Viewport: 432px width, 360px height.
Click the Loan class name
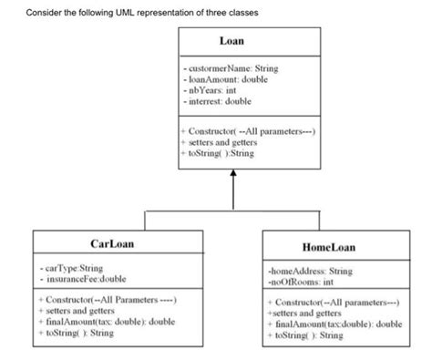[231, 42]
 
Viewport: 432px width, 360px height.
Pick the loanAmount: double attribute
[222, 80]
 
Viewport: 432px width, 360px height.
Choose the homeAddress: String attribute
[310, 271]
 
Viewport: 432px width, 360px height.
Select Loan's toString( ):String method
[219, 154]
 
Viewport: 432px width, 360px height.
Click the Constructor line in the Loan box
[249, 133]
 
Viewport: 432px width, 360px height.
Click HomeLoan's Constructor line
[333, 302]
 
